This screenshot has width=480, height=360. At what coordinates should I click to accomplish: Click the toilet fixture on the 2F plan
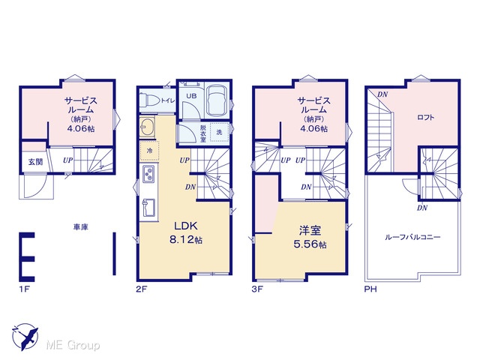tap(149, 100)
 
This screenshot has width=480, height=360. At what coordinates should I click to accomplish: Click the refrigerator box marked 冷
tap(150, 151)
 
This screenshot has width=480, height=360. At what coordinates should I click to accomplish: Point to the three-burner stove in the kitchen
tap(149, 173)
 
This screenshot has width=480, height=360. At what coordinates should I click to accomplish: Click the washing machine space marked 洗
tap(220, 132)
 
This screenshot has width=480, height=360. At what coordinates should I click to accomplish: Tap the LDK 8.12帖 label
tap(186, 232)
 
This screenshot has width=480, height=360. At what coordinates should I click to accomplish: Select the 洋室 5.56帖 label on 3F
tap(310, 237)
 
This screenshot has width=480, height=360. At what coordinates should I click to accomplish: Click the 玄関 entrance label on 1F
tap(35, 162)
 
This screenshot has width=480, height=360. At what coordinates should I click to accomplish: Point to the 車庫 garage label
tap(80, 226)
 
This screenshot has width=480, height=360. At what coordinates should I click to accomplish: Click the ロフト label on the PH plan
tap(425, 117)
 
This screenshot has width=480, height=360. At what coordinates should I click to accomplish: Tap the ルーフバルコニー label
tap(412, 237)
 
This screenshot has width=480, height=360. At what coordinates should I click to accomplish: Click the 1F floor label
tap(24, 289)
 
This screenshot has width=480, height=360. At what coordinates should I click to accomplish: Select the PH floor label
tap(370, 289)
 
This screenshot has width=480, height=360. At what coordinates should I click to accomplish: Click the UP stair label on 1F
tap(68, 160)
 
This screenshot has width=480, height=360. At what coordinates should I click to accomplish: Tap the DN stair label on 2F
tap(190, 187)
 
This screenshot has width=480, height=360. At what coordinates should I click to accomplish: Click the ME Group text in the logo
tap(73, 346)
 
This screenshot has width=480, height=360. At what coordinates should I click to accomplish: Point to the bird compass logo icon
tap(25, 337)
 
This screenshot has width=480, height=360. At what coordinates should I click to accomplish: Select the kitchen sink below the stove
tap(148, 208)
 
